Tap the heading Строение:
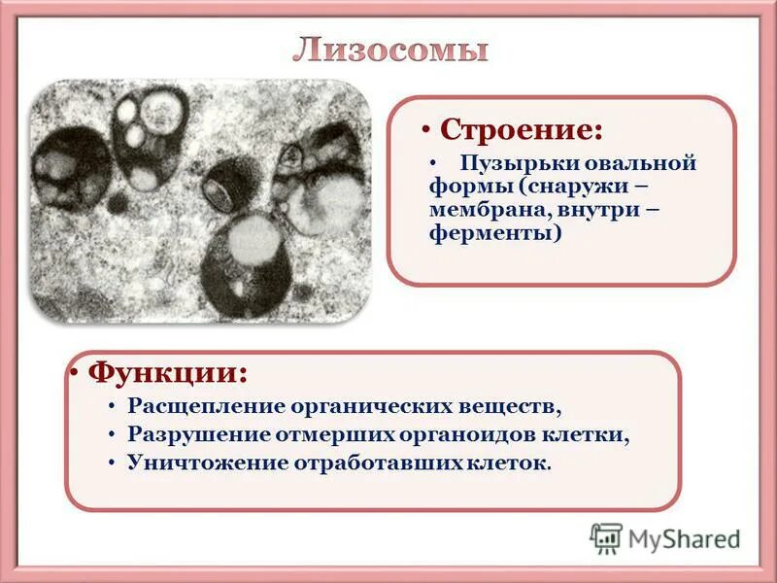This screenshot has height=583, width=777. coord(521,129)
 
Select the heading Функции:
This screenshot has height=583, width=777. coord(167,372)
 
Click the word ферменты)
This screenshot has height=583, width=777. coord(494,234)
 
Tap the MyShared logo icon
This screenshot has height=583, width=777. coord(606,538)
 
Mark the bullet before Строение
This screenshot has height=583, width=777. coord(426,130)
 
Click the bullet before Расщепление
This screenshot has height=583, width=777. coord(113,405)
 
